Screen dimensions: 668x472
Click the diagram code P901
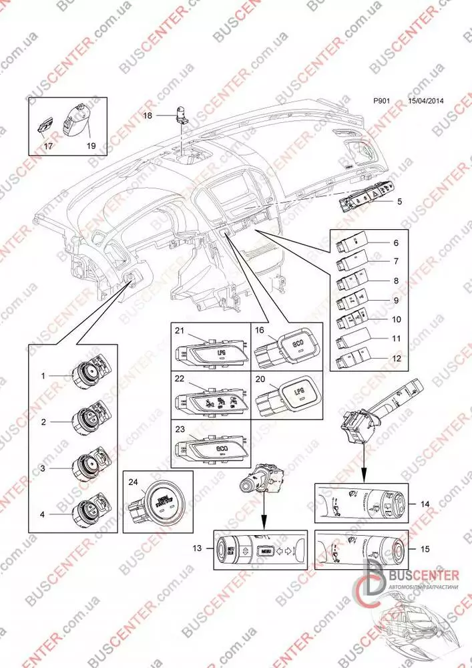pos(382,102)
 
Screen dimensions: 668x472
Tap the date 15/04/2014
pos(426,102)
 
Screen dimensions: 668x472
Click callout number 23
pos(179,430)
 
